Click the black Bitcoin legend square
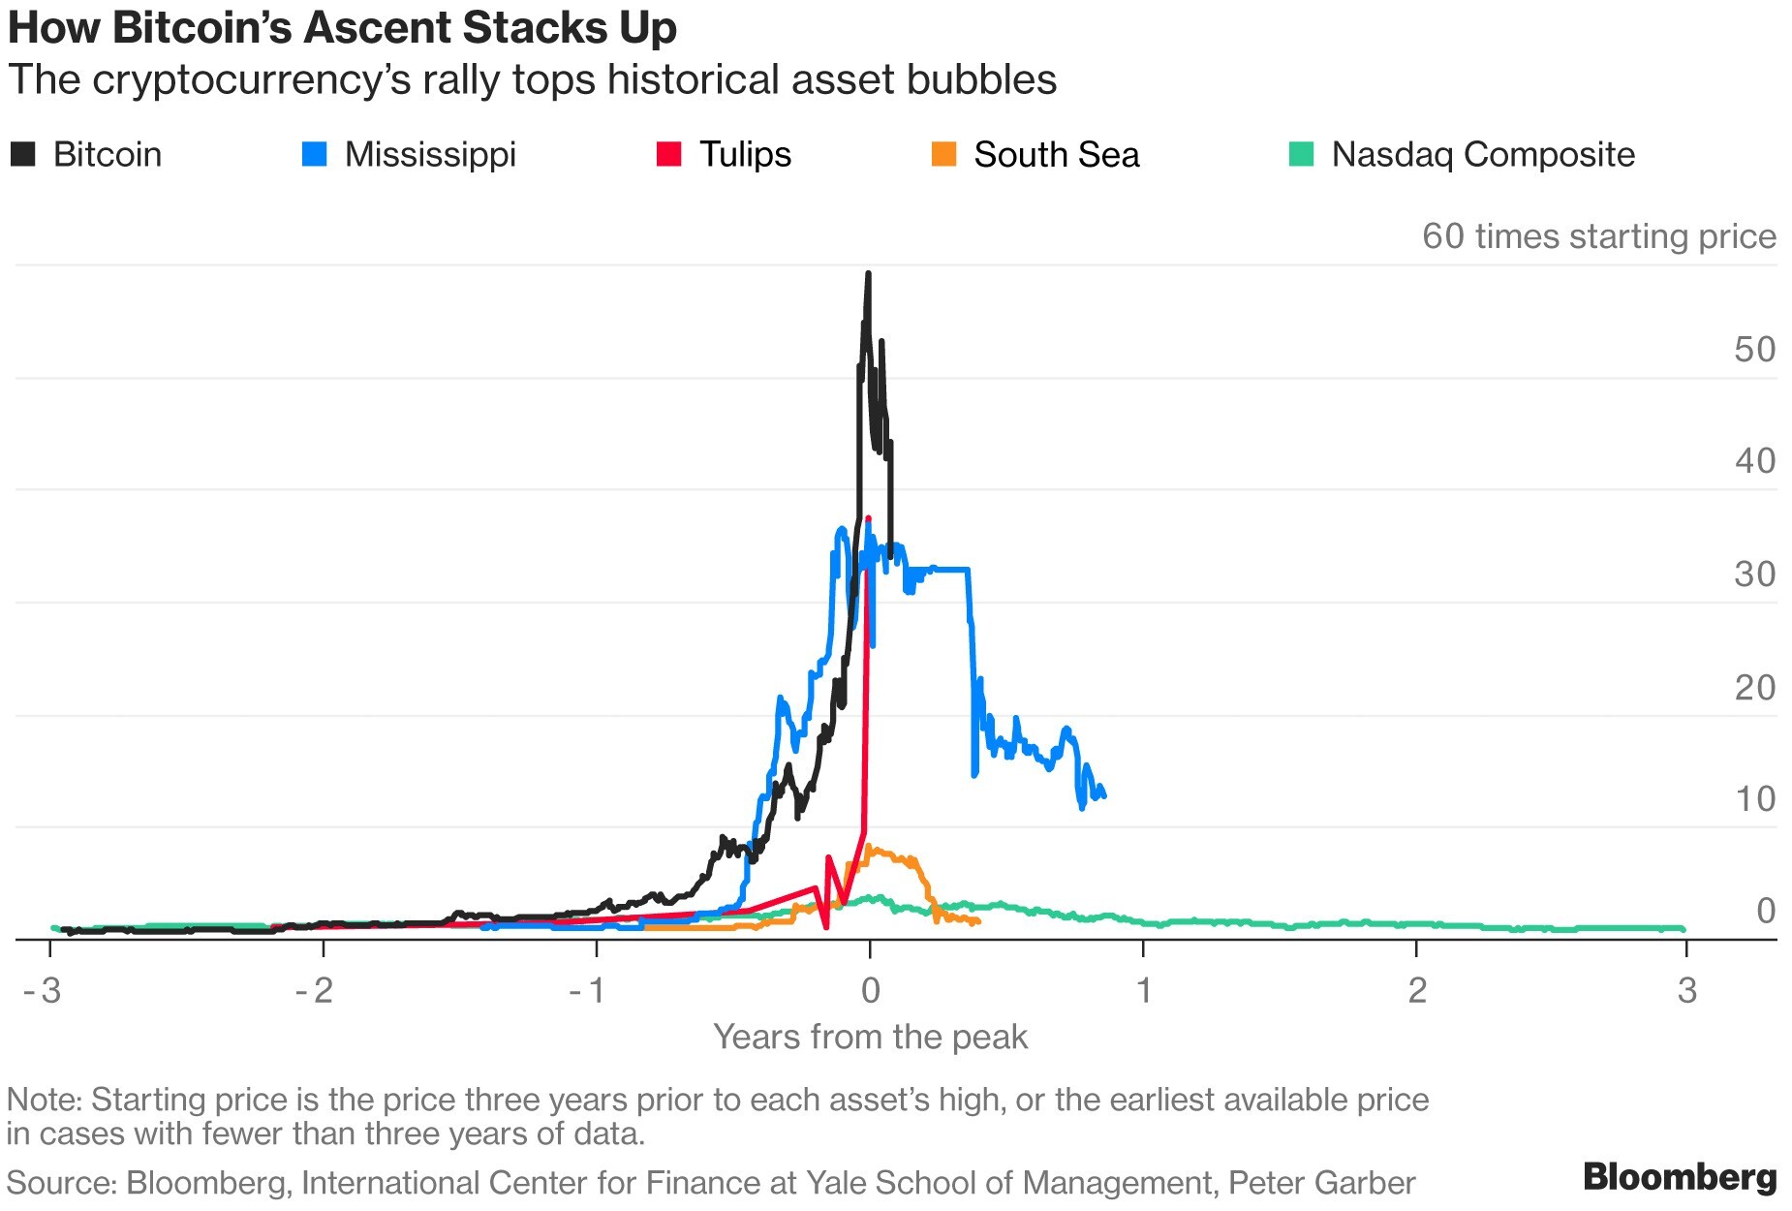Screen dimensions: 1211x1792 click(22, 154)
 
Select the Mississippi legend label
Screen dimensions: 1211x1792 click(430, 154)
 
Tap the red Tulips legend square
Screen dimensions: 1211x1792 click(668, 154)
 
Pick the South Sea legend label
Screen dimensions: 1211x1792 click(1056, 154)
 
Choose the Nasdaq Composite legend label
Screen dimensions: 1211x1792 click(1482, 154)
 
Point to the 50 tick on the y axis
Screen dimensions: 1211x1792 click(1754, 350)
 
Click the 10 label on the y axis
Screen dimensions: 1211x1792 click(1754, 799)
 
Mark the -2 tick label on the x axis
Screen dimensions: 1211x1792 click(315, 990)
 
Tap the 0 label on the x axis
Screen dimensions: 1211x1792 click(870, 990)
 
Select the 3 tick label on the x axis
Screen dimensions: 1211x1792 click(1687, 990)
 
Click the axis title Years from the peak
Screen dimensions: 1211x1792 click(870, 1037)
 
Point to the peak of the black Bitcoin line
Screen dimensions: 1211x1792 click(868, 274)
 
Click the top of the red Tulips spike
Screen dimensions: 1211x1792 click(868, 519)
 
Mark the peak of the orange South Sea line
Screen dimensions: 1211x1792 click(869, 847)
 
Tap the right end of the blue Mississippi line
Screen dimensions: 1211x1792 click(1103, 796)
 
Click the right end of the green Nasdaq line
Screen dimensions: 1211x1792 click(1684, 929)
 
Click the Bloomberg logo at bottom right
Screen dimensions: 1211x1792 click(1680, 1176)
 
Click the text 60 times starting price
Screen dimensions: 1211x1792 click(1598, 236)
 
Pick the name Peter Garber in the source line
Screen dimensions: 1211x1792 click(1321, 1183)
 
